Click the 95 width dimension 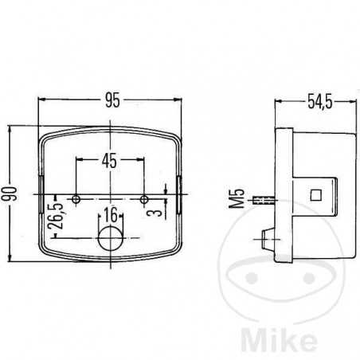pos(112,100)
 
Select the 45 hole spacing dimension pos(109,161)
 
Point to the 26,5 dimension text pos(55,216)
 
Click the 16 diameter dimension pos(110,215)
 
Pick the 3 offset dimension pos(157,212)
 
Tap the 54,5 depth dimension pos(320,101)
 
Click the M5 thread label pos(237,198)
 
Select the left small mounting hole pos(76,199)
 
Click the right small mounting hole pos(144,199)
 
